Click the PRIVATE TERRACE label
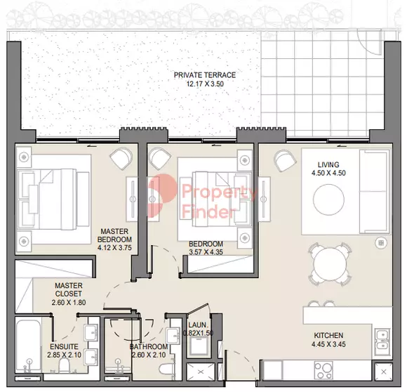(205, 75)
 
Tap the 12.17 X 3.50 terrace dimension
(205, 84)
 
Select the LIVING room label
(328, 164)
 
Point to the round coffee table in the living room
(328, 200)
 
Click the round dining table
(330, 264)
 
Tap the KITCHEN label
(328, 335)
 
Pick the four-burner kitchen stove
(323, 370)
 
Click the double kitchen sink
(382, 342)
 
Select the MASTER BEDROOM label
(114, 235)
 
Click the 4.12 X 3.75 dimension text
(114, 247)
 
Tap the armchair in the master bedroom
(121, 158)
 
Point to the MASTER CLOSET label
(69, 289)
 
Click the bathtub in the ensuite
(29, 346)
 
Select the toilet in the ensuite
(64, 365)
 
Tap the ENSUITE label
(64, 346)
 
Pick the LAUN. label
(199, 325)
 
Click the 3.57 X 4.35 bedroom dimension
(206, 252)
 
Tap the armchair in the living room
(285, 160)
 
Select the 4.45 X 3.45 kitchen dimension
(328, 344)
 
